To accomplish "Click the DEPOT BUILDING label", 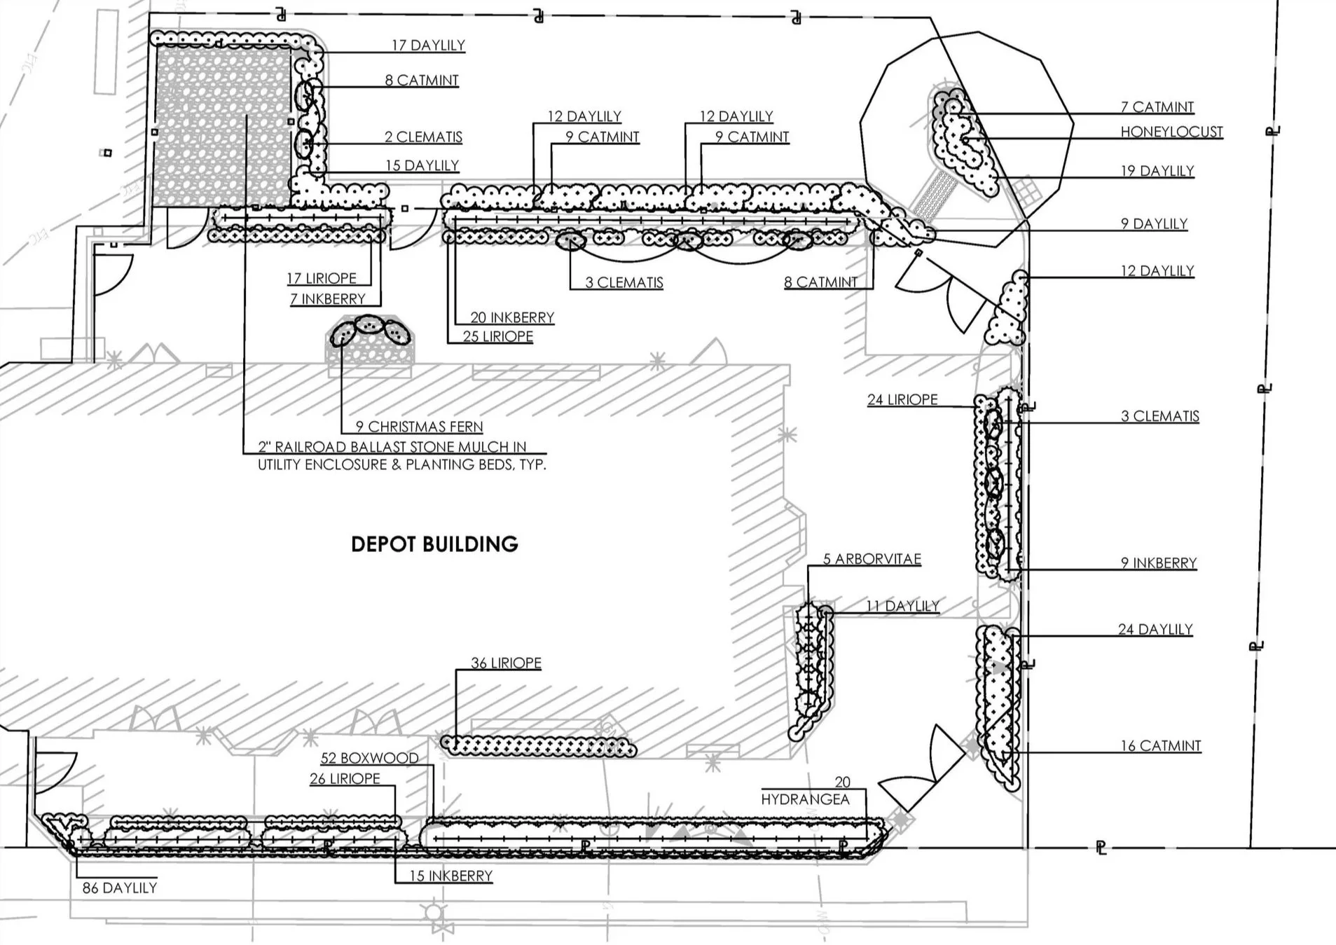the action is pyautogui.click(x=434, y=544).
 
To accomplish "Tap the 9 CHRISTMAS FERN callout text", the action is pyautogui.click(x=419, y=427).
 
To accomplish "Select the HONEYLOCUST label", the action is pyautogui.click(x=1171, y=132).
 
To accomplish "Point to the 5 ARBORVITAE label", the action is pyautogui.click(x=872, y=559).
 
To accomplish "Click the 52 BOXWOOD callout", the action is pyautogui.click(x=369, y=758).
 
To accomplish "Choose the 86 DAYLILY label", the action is pyautogui.click(x=120, y=888).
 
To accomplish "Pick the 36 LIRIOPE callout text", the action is pyautogui.click(x=506, y=663).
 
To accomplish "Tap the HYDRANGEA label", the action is pyautogui.click(x=806, y=799).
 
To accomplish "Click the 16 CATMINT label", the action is pyautogui.click(x=1161, y=746).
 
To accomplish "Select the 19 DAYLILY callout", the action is pyautogui.click(x=1157, y=171).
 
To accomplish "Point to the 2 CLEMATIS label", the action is pyautogui.click(x=423, y=137).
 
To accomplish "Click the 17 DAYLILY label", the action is pyautogui.click(x=428, y=46).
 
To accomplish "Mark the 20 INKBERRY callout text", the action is pyautogui.click(x=512, y=318).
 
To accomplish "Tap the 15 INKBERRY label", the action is pyautogui.click(x=450, y=876).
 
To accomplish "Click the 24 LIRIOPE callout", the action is pyautogui.click(x=902, y=399).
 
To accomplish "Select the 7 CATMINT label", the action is pyautogui.click(x=1157, y=107).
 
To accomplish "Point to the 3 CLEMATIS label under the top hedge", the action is pyautogui.click(x=624, y=282).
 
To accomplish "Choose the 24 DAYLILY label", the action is pyautogui.click(x=1155, y=630).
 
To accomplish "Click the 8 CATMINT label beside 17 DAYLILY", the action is pyautogui.click(x=422, y=81).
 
